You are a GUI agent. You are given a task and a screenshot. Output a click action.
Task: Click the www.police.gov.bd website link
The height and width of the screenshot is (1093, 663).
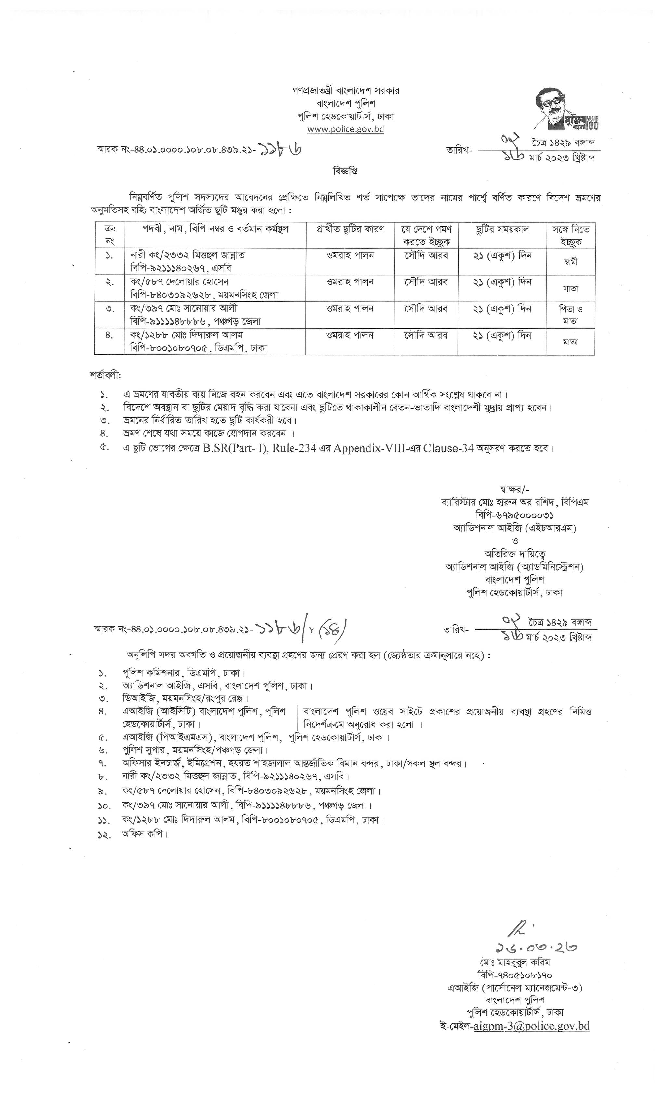[346, 129]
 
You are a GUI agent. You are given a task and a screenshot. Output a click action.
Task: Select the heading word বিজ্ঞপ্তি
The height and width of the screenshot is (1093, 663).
[345, 171]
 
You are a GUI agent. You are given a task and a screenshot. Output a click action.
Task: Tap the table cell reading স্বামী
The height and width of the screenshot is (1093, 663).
[571, 262]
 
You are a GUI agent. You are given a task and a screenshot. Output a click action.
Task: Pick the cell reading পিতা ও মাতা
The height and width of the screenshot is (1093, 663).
[571, 315]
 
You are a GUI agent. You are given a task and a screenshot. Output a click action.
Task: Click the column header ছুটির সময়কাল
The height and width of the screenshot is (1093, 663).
[502, 229]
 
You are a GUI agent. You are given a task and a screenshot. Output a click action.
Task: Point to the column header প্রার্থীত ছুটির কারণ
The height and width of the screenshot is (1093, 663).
[350, 229]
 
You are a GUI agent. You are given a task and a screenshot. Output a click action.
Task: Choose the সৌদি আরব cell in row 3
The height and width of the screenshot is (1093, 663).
[426, 308]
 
